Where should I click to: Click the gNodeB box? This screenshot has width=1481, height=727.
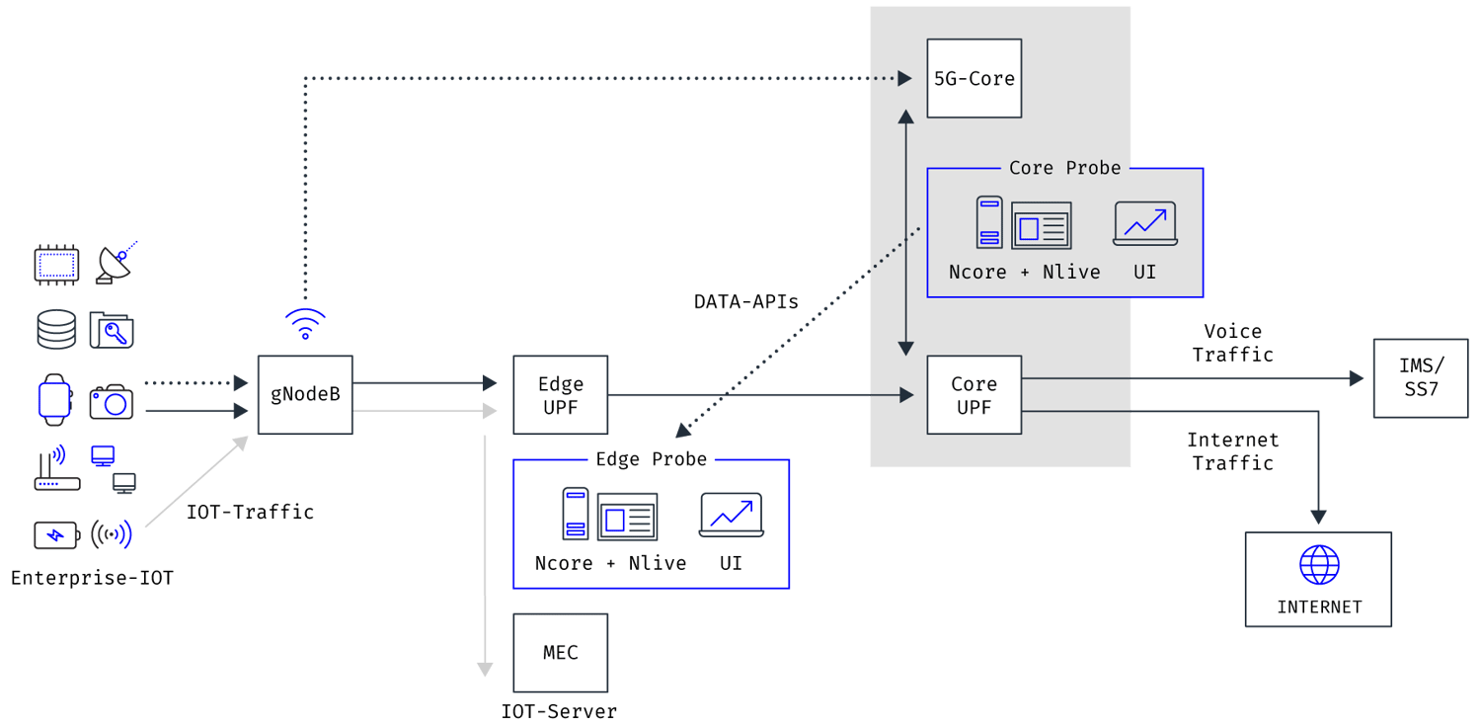point(305,394)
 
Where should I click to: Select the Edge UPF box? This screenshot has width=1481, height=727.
point(561,394)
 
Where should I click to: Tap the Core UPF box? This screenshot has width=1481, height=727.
point(974,394)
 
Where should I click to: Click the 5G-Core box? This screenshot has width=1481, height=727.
point(974,79)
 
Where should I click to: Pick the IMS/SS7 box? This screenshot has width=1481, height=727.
point(1420,377)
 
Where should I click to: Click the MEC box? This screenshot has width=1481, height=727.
point(561,652)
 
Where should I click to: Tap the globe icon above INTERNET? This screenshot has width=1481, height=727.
point(1319,567)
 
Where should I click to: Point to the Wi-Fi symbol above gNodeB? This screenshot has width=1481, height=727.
point(305,323)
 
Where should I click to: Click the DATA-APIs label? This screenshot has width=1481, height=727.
point(745,302)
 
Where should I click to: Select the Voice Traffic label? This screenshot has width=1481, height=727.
point(1232,343)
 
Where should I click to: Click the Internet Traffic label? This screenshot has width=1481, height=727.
point(1232,450)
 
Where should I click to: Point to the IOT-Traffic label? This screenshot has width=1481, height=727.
point(250,512)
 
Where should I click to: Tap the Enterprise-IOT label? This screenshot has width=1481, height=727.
point(92,578)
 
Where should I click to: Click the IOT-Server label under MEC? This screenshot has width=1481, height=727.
point(559,711)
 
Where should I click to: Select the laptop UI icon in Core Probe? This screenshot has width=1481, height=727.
point(1144,223)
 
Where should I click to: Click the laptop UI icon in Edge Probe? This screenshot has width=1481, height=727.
point(731,515)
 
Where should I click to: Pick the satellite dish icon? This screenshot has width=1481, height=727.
point(117,264)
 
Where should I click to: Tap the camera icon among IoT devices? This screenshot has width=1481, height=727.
point(112,401)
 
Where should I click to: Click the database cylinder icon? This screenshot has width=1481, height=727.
point(56,330)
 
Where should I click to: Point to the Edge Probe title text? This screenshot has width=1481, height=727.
point(651,459)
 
